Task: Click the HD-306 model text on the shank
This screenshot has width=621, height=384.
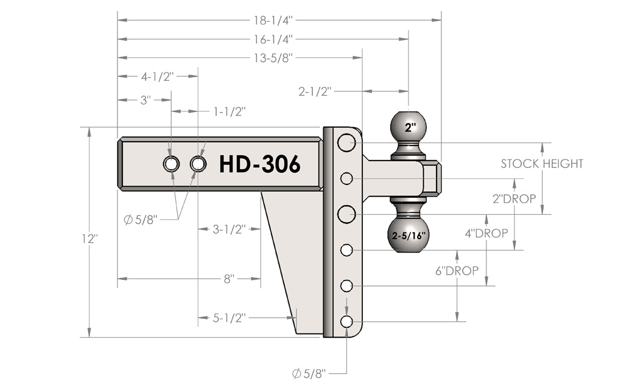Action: click(x=259, y=164)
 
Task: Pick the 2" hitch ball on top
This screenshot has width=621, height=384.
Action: click(x=410, y=128)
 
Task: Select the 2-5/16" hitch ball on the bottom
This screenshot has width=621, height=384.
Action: click(x=408, y=234)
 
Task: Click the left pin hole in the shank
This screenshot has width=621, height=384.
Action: click(x=171, y=164)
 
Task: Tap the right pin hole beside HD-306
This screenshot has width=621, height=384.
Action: click(x=198, y=164)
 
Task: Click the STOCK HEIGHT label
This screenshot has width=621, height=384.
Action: click(x=542, y=163)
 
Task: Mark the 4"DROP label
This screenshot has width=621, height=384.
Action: click(x=486, y=234)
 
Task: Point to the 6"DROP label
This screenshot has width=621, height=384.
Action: click(x=457, y=270)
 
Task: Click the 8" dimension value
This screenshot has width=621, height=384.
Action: click(x=229, y=279)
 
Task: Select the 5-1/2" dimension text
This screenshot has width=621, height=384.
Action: click(x=230, y=317)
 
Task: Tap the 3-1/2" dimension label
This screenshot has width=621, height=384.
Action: click(x=230, y=229)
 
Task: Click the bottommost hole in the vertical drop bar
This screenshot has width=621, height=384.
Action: click(x=346, y=321)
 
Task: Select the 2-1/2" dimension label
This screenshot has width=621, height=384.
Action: click(x=315, y=91)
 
